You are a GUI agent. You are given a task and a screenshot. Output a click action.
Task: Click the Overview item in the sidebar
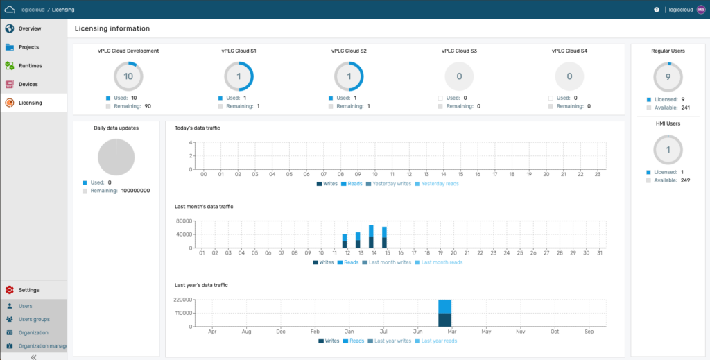point(29,28)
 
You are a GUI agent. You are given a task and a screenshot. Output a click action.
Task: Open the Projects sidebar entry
point(28,47)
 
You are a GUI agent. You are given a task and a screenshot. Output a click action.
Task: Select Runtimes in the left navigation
point(30,65)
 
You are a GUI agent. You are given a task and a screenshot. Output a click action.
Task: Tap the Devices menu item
point(28,84)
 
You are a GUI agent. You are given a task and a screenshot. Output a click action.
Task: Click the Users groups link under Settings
point(34,319)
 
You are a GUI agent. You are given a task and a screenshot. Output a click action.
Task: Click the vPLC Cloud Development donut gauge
point(128,76)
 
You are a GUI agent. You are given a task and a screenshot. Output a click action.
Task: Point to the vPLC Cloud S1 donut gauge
point(239,76)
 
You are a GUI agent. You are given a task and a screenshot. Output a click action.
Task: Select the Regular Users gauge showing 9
point(668,77)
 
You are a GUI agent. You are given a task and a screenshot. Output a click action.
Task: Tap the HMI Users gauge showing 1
point(668,150)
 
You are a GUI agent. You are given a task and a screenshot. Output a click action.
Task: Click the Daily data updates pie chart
point(116,156)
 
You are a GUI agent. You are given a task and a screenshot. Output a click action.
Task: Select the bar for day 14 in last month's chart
point(371,237)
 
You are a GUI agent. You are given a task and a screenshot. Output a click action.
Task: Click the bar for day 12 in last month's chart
point(345,241)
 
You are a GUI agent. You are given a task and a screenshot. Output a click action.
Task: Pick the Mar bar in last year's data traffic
point(445,313)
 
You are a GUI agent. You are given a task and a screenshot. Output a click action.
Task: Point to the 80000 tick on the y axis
point(184,221)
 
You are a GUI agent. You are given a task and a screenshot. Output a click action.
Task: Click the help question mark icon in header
point(657,10)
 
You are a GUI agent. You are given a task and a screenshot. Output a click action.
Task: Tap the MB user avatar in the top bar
point(700,10)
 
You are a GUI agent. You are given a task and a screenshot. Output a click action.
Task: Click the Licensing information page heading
point(112,28)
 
